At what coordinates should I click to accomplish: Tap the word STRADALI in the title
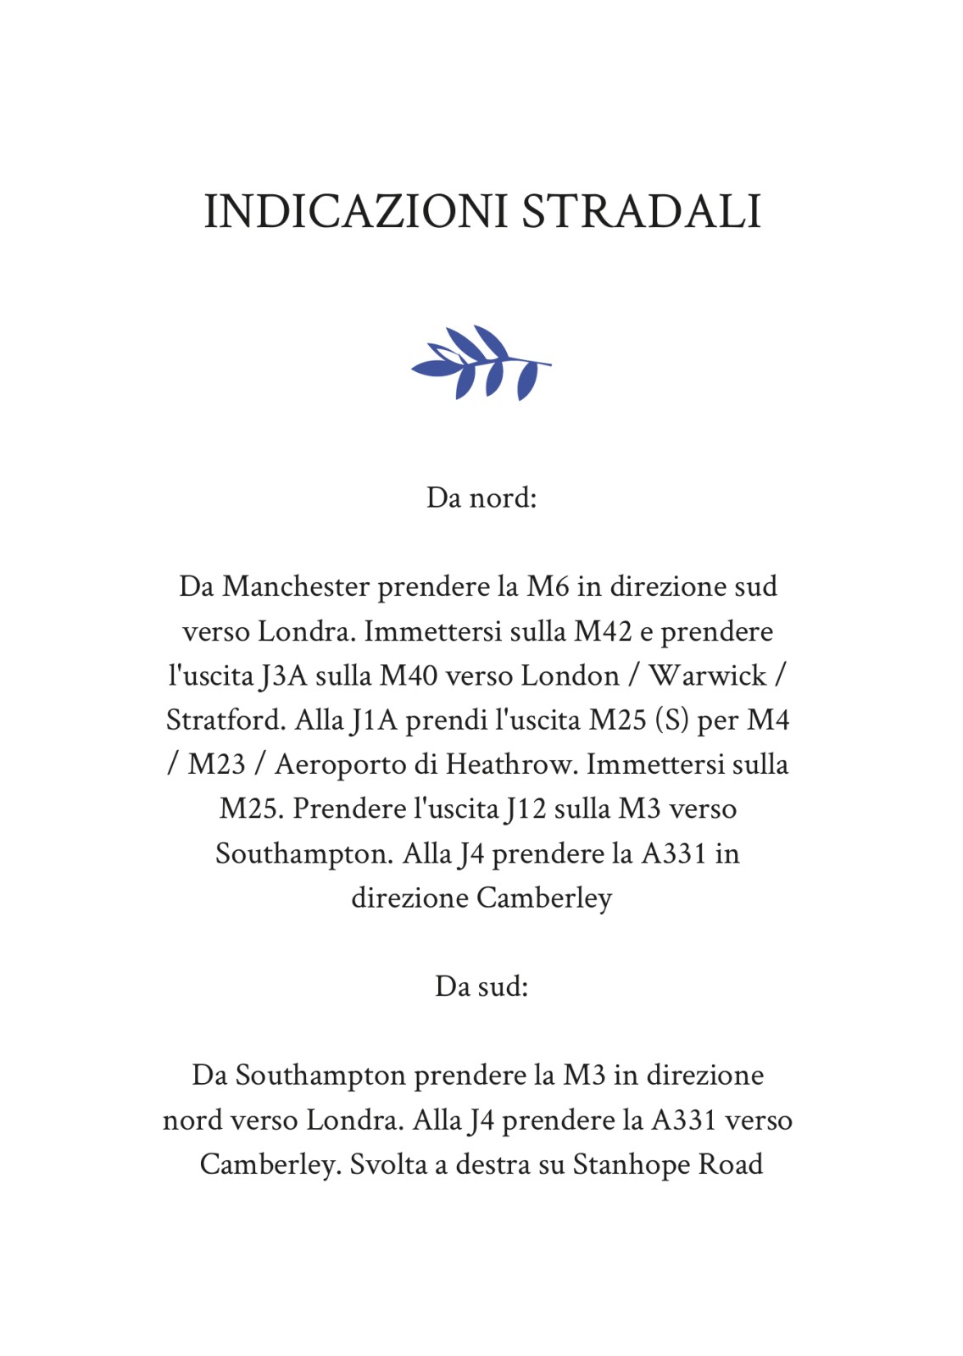tap(641, 212)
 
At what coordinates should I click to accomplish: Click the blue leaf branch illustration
tap(481, 363)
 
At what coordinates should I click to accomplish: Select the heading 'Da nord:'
tap(481, 497)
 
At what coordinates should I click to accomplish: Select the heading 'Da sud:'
tap(481, 986)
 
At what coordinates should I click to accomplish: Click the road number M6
tap(548, 586)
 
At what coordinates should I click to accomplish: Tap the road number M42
tap(603, 631)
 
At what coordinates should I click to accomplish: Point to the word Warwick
tap(707, 676)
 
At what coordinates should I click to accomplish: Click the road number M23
tap(216, 764)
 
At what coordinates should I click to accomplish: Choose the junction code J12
tap(526, 809)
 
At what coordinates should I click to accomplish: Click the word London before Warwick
tap(570, 676)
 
